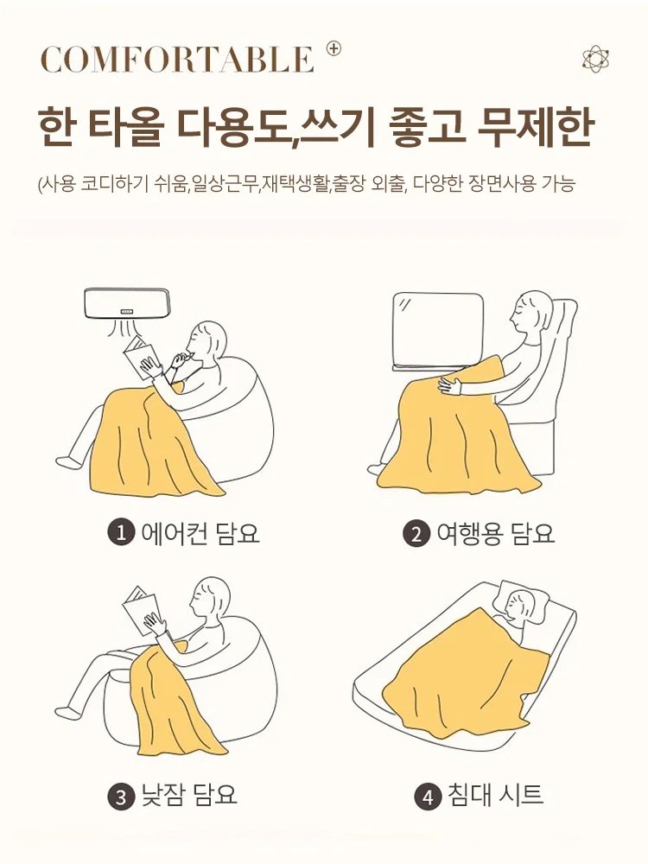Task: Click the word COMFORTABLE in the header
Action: point(177,60)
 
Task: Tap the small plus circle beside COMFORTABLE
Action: point(334,48)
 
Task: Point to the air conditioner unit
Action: point(126,303)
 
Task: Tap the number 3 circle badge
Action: point(120,796)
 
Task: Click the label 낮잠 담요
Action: point(188,795)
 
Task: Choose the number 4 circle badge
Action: point(428,796)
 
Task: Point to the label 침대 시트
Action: point(495,795)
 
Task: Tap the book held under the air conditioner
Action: point(141,354)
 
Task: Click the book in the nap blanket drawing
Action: point(142,609)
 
